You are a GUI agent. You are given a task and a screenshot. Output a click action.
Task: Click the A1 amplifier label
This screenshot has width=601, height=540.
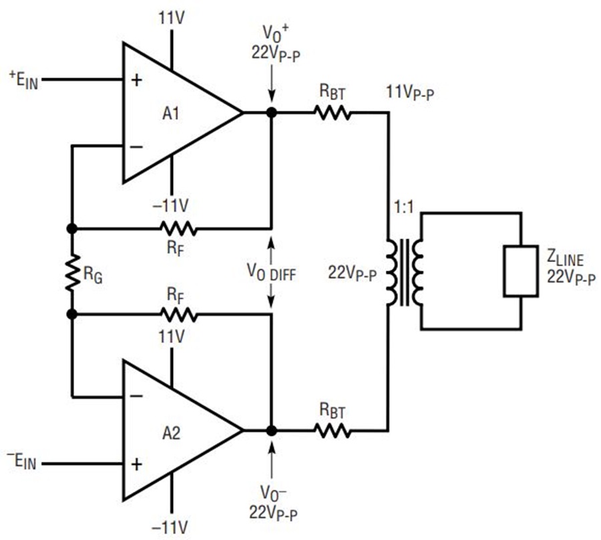pyautogui.click(x=171, y=114)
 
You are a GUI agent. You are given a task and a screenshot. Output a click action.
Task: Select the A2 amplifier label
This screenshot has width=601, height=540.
pyautogui.click(x=171, y=433)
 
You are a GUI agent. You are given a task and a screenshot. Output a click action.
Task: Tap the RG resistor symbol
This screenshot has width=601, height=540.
pyautogui.click(x=71, y=272)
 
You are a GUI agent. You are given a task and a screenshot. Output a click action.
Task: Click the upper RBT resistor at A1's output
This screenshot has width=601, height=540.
pyautogui.click(x=333, y=113)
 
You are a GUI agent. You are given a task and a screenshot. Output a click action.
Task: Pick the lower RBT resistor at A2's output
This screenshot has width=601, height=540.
pyautogui.click(x=333, y=430)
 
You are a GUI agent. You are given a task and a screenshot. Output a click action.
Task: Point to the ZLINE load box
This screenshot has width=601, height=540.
pyautogui.click(x=521, y=271)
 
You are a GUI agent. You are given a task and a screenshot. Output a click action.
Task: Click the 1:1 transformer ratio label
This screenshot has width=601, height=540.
pyautogui.click(x=404, y=207)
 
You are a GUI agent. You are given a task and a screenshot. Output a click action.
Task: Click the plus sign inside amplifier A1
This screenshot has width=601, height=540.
pyautogui.click(x=137, y=80)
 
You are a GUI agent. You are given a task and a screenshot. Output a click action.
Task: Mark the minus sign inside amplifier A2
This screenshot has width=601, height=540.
pyautogui.click(x=137, y=396)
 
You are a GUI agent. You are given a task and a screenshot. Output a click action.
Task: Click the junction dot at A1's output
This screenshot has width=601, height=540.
pyautogui.click(x=271, y=112)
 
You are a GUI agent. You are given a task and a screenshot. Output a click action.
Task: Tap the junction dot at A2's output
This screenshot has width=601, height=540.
pyautogui.click(x=271, y=430)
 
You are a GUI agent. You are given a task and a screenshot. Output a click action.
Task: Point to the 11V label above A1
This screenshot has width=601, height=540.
pyautogui.click(x=172, y=17)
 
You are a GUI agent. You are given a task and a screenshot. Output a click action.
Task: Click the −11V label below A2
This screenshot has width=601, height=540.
pyautogui.click(x=170, y=528)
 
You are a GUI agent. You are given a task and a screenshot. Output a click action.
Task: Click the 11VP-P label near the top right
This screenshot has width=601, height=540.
pyautogui.click(x=410, y=93)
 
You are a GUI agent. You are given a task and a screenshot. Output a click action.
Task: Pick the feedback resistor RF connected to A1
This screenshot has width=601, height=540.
pyautogui.click(x=178, y=229)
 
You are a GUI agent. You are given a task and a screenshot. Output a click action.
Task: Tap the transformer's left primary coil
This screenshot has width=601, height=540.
pyautogui.click(x=393, y=272)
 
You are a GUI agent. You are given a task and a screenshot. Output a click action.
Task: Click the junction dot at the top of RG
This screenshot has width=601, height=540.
pyautogui.click(x=71, y=229)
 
